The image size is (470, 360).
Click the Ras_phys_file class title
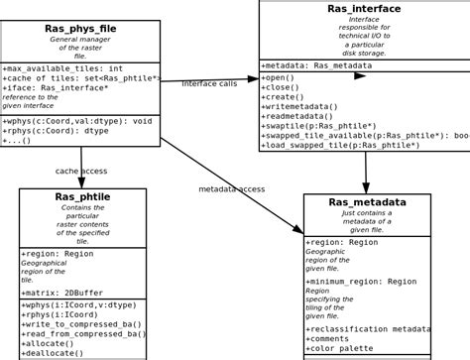click(80, 29)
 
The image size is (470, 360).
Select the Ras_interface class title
click(364, 9)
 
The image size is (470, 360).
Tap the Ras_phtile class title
click(82, 197)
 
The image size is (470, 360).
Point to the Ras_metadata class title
click(367, 202)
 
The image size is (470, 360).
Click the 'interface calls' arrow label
click(209, 83)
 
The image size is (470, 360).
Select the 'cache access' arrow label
click(81, 171)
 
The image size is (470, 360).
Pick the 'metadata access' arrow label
click(231, 188)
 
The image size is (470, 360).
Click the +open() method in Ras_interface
click(280, 77)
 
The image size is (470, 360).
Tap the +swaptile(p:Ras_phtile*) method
click(319, 126)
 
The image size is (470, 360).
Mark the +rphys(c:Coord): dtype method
click(56, 131)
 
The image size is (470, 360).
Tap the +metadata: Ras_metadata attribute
click(315, 65)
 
